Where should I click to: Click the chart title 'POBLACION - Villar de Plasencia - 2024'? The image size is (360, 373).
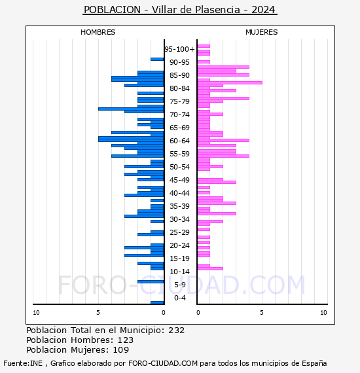coord(179,10)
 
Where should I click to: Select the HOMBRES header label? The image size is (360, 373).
coord(98,32)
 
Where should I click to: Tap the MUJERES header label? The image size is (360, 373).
coord(262,32)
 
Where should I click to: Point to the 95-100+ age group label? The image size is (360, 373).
coord(179,49)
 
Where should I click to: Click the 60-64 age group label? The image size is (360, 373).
coord(179,141)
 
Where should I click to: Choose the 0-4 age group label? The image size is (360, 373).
coord(179,298)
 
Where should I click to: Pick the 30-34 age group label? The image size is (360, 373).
coord(179,219)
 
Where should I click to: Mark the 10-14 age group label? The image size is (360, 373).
coord(179,272)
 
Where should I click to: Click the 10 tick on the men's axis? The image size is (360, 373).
coord(36,313)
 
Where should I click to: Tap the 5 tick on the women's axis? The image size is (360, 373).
coord(262,313)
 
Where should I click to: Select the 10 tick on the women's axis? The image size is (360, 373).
coord(323,313)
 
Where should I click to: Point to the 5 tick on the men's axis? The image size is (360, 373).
coord(98,313)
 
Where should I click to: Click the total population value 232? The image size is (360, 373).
coord(176,330)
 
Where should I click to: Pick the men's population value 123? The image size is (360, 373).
coord(126,340)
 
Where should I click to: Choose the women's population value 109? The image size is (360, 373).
coord(121,349)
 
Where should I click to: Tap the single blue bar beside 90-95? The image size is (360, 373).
coord(157,60)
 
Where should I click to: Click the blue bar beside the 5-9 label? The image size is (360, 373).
coord(151,281)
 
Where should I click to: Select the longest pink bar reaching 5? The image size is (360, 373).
coord(230,83)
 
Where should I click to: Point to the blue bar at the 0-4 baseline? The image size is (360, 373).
coord(157,302)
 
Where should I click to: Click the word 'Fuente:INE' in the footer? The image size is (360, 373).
coord(23,363)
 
